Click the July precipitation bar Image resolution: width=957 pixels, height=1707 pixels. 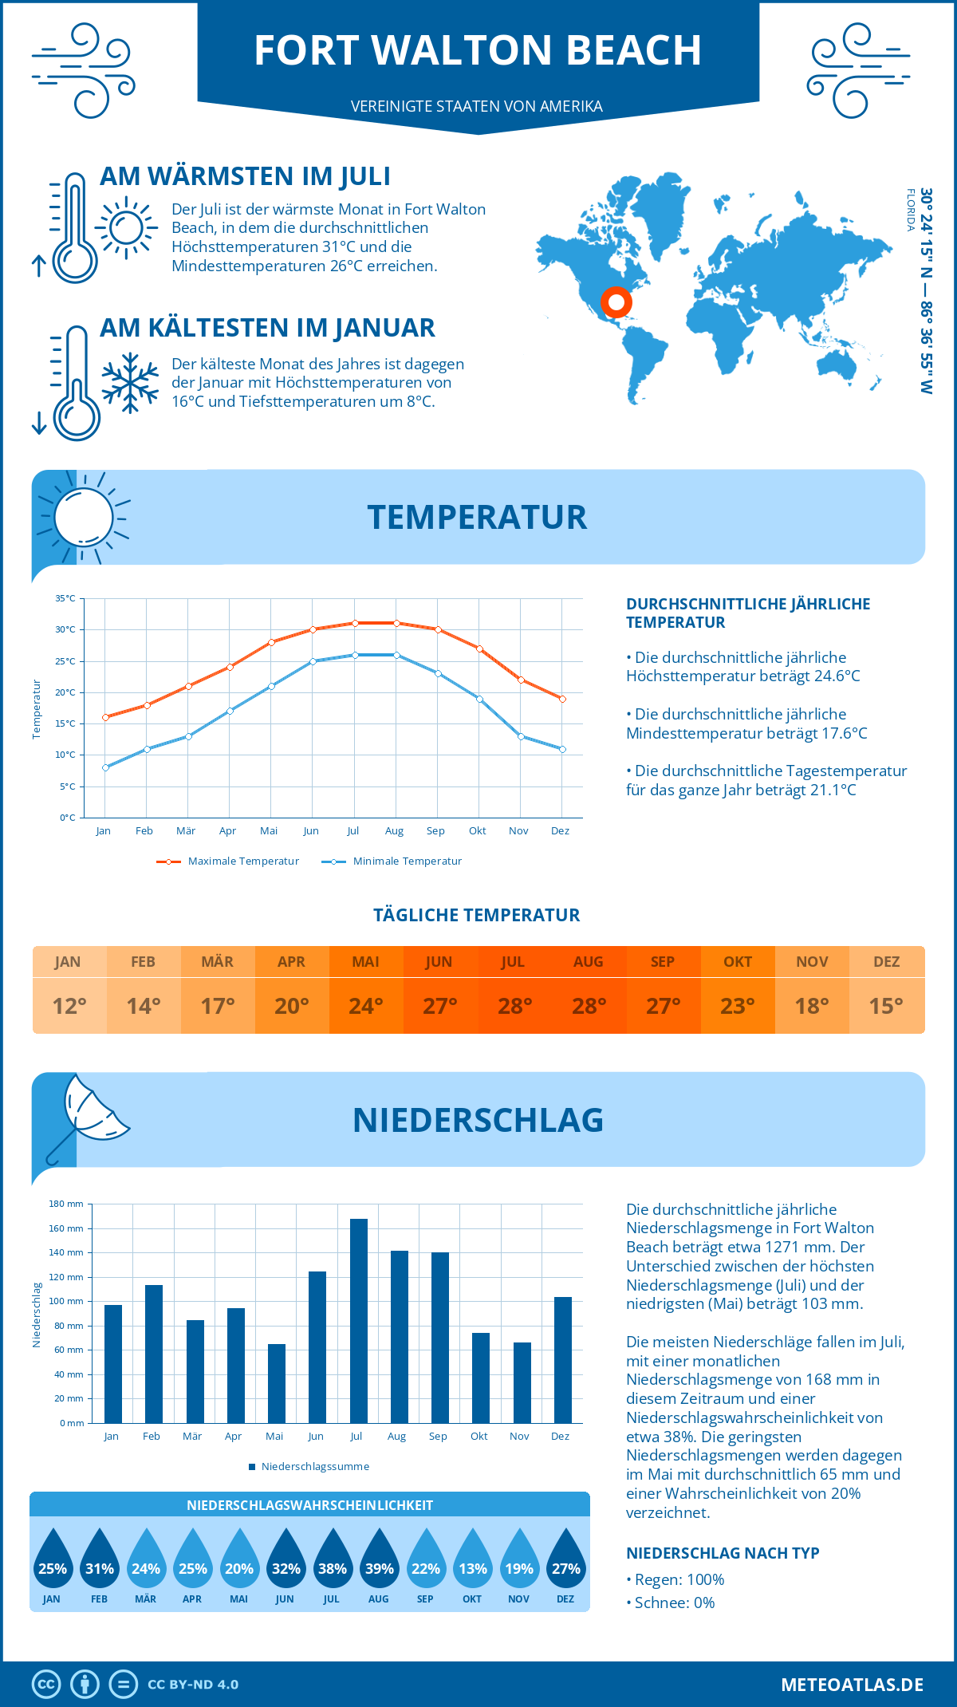click(x=359, y=1321)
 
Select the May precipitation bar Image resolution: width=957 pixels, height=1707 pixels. click(x=276, y=1383)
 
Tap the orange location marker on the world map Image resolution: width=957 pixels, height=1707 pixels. click(x=616, y=302)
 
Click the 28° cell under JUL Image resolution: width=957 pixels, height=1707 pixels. click(x=514, y=1006)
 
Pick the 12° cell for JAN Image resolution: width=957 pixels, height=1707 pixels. click(x=69, y=1006)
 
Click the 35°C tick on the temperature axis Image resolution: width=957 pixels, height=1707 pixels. click(x=65, y=598)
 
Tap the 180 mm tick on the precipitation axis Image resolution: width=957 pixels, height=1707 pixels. click(x=67, y=1204)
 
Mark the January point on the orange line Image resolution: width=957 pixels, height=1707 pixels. click(x=105, y=717)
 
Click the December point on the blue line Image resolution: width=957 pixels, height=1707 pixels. click(x=562, y=749)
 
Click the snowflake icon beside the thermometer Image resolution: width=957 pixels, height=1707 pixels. click(x=130, y=382)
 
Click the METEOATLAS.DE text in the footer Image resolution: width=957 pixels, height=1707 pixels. click(x=852, y=1685)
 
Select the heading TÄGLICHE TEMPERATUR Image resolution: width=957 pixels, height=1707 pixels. click(x=477, y=915)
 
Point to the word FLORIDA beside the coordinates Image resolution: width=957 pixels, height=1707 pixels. click(x=910, y=210)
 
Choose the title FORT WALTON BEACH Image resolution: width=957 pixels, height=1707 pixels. click(x=478, y=49)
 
